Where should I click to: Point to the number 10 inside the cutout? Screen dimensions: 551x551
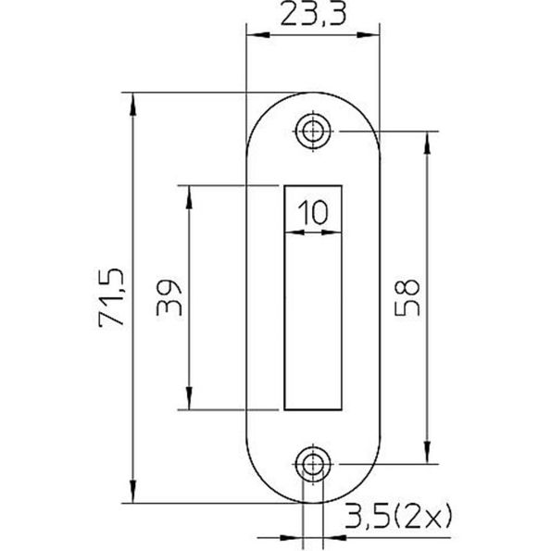point(312,212)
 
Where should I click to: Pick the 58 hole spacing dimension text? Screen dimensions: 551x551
point(407,297)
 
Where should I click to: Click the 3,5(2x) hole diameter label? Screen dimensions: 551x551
point(396,516)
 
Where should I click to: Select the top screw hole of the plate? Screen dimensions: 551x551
point(313,131)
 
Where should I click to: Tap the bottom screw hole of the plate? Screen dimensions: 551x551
point(313,463)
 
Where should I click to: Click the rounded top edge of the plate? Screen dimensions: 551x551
point(313,93)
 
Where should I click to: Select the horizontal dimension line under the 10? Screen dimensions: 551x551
point(312,232)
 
